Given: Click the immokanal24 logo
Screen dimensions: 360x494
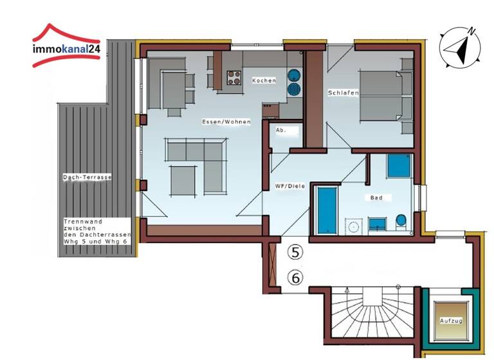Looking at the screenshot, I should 67,46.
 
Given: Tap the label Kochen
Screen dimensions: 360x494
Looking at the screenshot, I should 264,80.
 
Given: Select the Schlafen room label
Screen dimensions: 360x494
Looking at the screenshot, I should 343,93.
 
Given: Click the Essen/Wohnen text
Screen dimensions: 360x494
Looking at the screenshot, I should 226,122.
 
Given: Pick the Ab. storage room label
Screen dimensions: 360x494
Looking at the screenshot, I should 280,130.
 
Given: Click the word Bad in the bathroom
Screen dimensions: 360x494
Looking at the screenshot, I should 376,197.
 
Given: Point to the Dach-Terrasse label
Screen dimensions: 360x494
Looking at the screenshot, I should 87,177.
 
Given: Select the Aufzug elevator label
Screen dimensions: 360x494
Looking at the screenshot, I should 451,319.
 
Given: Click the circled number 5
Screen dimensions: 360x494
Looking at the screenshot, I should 295,253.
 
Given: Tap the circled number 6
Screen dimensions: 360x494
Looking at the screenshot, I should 295,278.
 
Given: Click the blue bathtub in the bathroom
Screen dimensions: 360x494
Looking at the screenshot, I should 327,210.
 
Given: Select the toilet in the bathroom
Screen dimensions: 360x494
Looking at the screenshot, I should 401,222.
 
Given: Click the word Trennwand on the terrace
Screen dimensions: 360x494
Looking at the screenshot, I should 79,221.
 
